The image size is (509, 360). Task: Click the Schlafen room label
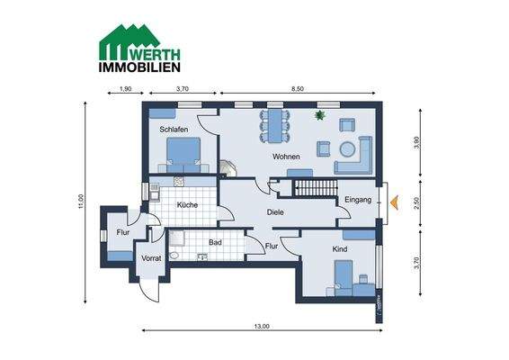tap(174, 130)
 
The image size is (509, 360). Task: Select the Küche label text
tap(187, 205)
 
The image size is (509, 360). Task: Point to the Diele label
tap(276, 212)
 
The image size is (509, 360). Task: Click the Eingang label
tap(358, 200)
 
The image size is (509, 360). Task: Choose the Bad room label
tap(215, 242)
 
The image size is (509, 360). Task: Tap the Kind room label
tap(340, 247)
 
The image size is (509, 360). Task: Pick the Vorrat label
tap(151, 258)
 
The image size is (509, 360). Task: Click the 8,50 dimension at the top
tap(296, 88)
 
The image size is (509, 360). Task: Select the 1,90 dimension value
tap(125, 88)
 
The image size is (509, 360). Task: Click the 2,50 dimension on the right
tap(416, 202)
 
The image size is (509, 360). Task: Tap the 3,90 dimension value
tap(416, 144)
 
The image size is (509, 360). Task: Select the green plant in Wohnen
tap(319, 115)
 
